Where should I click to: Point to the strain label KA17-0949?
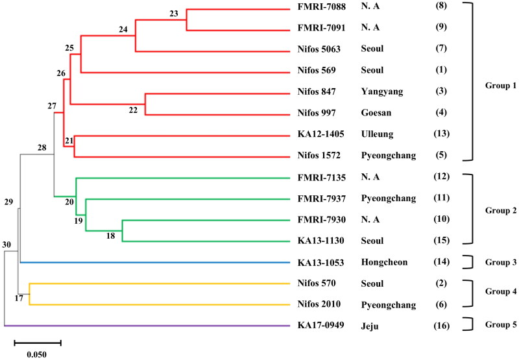click(320, 326)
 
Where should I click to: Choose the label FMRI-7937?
click(320, 199)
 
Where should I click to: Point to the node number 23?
click(173, 14)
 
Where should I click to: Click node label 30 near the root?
click(8, 245)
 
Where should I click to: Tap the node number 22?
click(133, 110)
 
